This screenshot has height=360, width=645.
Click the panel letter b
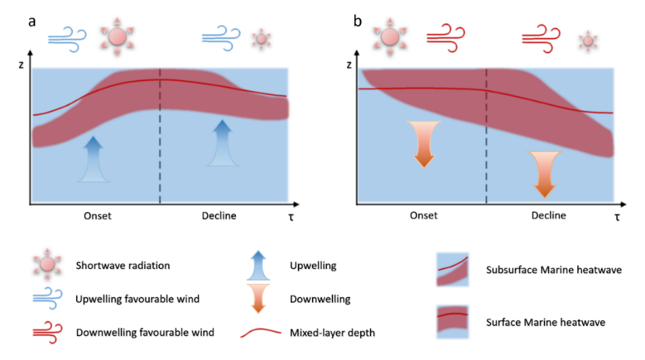click(x=358, y=21)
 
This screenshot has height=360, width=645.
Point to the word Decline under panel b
click(x=548, y=216)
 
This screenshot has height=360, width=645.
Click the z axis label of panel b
click(x=349, y=66)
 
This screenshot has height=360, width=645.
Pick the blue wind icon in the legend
click(x=47, y=297)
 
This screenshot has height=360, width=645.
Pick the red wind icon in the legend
click(x=47, y=331)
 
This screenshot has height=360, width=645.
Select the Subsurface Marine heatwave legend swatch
click(x=454, y=270)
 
